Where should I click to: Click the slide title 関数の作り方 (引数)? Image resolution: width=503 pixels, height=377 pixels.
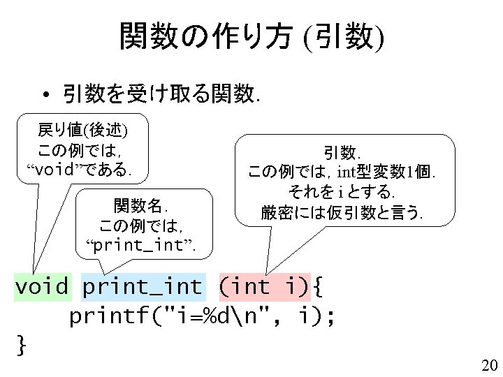click(251, 36)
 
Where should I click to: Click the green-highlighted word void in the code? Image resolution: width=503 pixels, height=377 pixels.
click(42, 286)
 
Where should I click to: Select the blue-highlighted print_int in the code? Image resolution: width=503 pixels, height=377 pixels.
click(143, 286)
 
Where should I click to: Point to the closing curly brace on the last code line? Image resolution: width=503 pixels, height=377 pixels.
click(22, 343)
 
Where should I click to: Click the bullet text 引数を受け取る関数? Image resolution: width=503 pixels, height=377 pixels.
click(161, 93)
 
